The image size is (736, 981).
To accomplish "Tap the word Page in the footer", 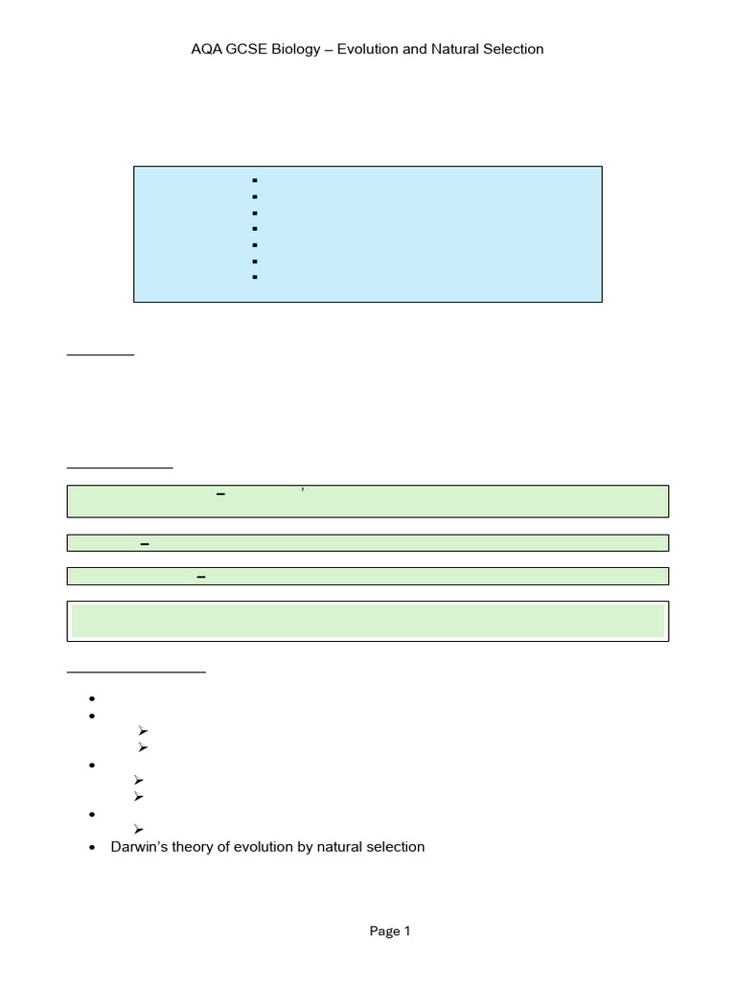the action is click(384, 931).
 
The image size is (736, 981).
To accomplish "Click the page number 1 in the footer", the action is click(407, 931).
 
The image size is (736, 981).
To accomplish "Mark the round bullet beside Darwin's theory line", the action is click(92, 847).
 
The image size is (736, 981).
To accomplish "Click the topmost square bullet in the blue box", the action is click(255, 180).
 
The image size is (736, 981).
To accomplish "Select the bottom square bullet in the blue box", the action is click(255, 277).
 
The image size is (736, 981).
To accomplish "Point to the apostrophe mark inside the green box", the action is click(303, 490).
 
